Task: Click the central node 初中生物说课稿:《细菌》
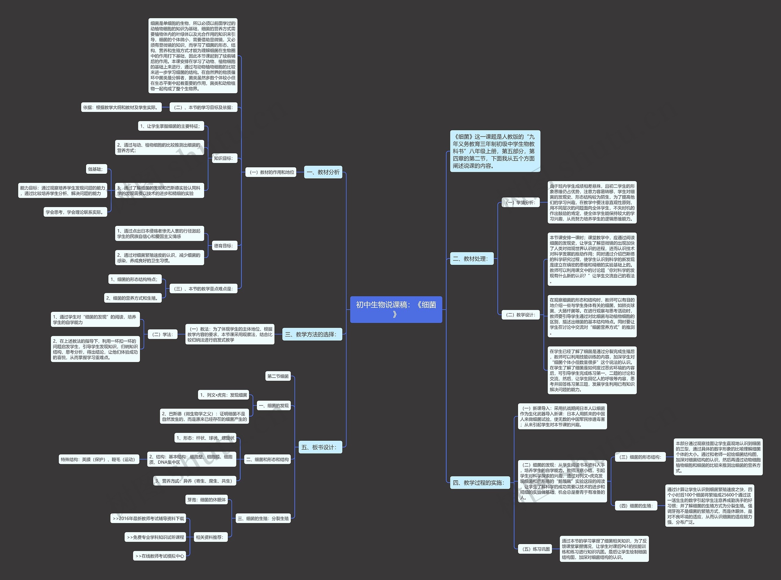396,309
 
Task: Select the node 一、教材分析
323,172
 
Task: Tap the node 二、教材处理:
471,259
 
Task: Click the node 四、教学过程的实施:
480,483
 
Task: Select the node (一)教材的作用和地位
271,172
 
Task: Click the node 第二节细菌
278,376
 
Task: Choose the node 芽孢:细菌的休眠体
207,500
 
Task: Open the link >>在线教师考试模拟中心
160,556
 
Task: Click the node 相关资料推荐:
211,537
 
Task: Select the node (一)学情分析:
520,203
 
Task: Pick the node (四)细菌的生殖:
636,506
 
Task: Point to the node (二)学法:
163,335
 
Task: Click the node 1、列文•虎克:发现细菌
224,395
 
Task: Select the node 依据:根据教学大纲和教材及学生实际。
121,107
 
